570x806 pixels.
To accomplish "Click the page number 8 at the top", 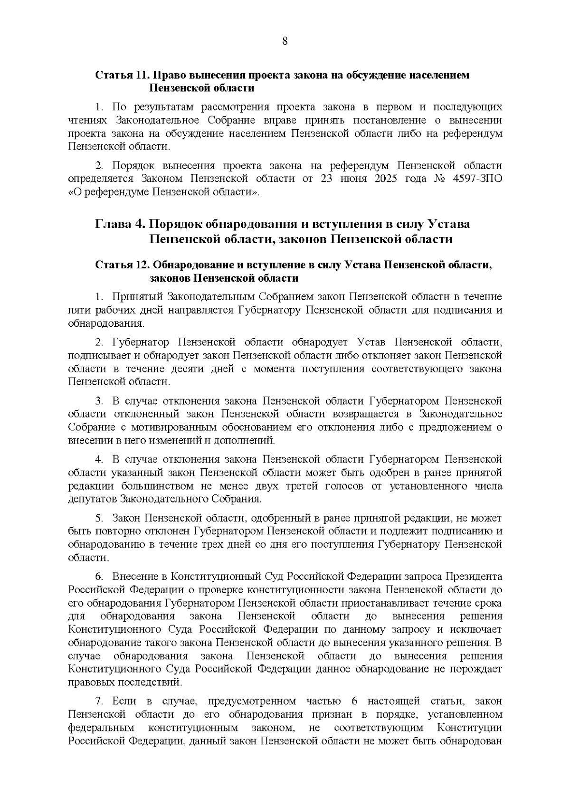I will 285,41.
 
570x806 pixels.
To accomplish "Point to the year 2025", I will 382,179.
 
